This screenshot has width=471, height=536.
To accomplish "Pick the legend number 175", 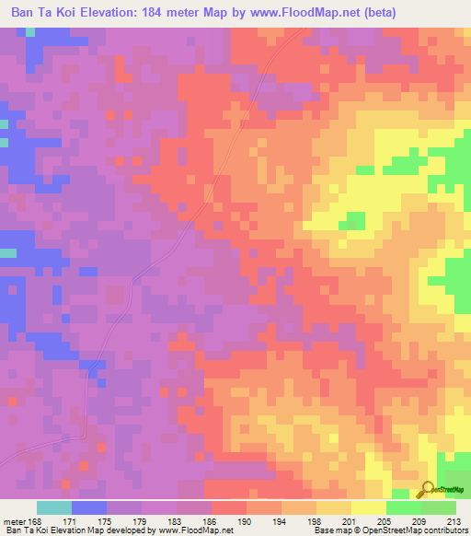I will [107, 520].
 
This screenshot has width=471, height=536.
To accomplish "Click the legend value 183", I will [177, 520].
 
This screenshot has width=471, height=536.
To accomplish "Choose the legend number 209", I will [419, 520].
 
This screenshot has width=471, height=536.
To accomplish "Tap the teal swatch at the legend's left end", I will [54, 507].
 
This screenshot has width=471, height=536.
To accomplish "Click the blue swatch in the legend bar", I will [89, 507].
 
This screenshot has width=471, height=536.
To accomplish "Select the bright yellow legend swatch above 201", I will [368, 507].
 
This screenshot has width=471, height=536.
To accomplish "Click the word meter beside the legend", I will [16, 520].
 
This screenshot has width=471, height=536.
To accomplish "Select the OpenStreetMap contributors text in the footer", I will [422, 530].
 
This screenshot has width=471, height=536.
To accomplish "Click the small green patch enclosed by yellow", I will [351, 220].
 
